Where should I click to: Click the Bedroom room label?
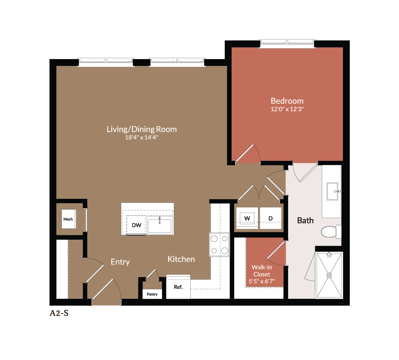tap(287, 101)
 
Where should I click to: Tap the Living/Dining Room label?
tap(141, 129)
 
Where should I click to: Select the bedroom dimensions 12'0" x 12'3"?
tap(287, 110)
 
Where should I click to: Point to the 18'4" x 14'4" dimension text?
tap(141, 138)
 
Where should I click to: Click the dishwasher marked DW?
tap(136, 225)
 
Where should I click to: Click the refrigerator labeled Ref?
tap(178, 287)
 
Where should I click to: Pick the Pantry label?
tap(152, 294)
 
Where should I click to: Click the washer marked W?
tap(247, 219)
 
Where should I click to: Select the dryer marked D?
tap(270, 219)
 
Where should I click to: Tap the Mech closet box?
tap(68, 219)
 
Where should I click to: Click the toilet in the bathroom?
tap(331, 232)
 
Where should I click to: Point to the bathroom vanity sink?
tap(333, 191)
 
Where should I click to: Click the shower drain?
tap(329, 275)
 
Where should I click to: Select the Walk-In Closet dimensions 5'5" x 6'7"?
tap(262, 282)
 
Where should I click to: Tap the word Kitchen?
tap(181, 259)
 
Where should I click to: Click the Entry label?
tap(120, 262)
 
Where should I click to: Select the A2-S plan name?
tap(59, 313)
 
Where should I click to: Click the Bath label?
tap(305, 220)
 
